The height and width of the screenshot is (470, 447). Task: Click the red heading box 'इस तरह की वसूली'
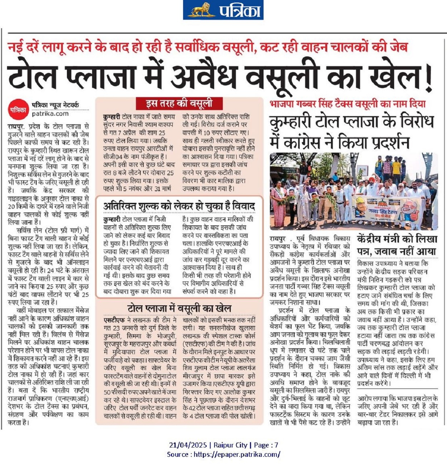pos(179,104)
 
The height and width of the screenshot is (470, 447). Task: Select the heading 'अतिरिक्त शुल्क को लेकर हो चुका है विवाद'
pos(179,206)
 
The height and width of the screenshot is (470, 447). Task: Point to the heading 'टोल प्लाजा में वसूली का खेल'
pos(179,308)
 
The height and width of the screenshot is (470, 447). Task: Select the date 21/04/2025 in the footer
pos(188,445)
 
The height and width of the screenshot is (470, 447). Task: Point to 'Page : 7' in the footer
pos(266,445)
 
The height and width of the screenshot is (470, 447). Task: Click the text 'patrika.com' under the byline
pos(50,114)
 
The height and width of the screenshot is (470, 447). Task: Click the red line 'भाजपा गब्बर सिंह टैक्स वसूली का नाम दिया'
pos(348,104)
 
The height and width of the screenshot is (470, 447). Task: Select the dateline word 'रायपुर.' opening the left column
pos(16,127)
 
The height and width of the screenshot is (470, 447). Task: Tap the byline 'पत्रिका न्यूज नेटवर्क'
pos(55,105)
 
